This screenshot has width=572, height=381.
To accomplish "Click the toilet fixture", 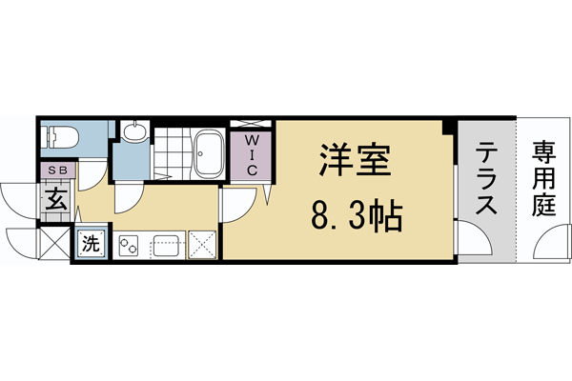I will click(x=56, y=136).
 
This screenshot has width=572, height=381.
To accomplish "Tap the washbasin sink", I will click(x=134, y=133).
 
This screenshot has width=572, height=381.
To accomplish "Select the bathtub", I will click(x=209, y=155).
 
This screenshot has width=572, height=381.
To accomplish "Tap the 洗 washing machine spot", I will click(x=92, y=242).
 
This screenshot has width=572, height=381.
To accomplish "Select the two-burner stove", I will click(x=129, y=246).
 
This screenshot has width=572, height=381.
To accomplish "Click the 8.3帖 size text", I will click(x=355, y=220).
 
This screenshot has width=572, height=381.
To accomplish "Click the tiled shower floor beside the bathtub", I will click(x=173, y=152).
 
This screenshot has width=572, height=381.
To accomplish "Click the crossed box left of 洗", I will click(x=56, y=243).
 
